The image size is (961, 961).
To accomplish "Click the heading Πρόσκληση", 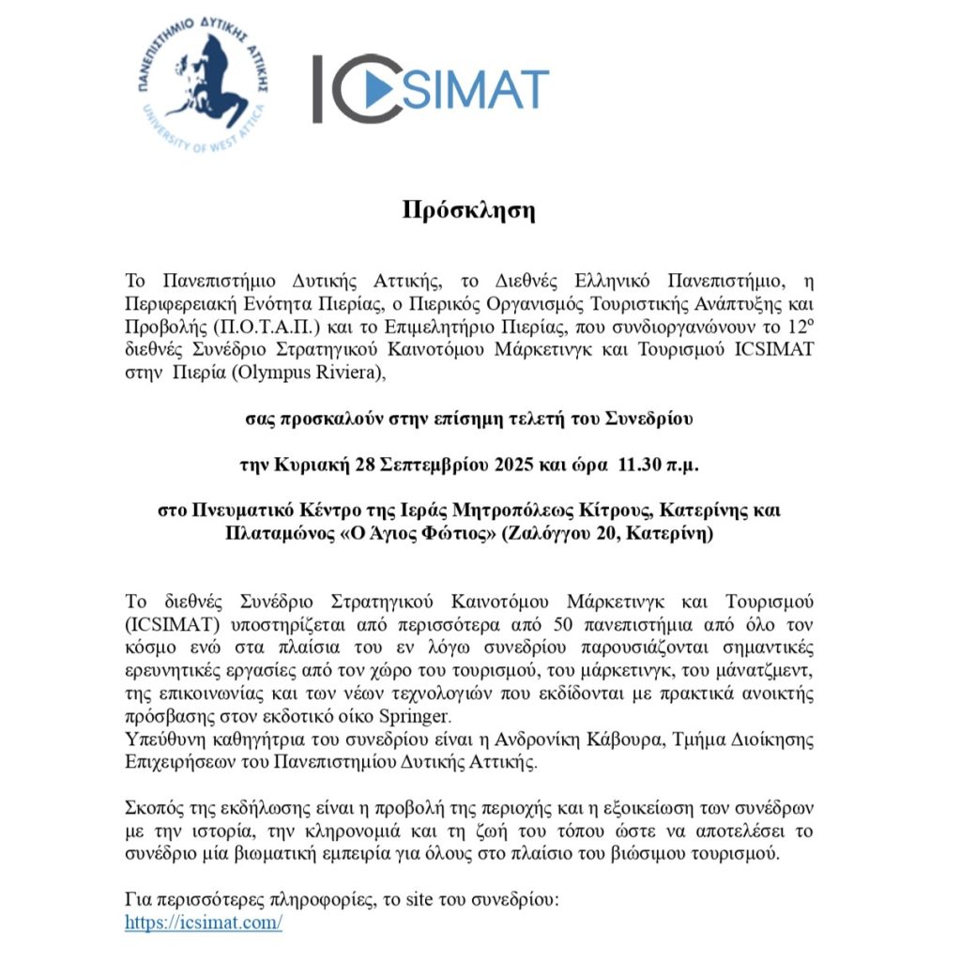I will pyautogui.click(x=468, y=209).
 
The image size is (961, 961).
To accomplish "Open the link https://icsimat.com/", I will pyautogui.click(x=204, y=923).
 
